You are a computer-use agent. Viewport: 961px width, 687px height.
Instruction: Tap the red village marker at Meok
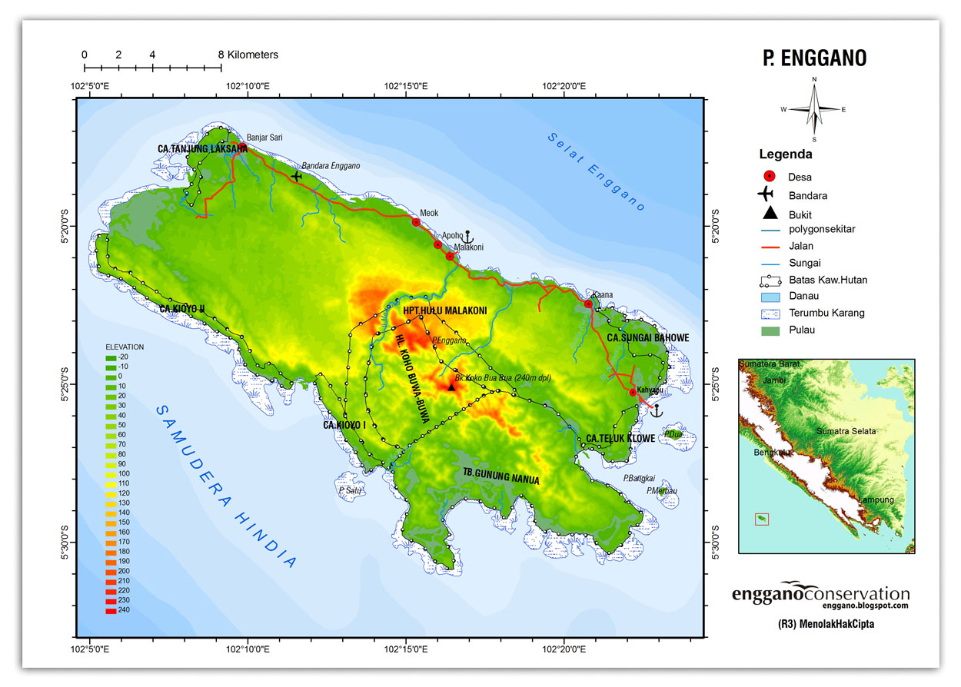(416, 222)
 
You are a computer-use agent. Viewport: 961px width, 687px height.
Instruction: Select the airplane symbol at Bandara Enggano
(296, 176)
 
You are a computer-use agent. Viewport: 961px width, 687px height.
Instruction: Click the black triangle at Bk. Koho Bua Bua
(451, 387)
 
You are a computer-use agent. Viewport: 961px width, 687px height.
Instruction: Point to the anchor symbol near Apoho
(468, 236)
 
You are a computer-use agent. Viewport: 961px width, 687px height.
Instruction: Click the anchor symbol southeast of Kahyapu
(656, 410)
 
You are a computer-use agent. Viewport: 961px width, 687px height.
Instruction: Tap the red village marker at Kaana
(588, 304)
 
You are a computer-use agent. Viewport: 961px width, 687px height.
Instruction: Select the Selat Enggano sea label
(597, 172)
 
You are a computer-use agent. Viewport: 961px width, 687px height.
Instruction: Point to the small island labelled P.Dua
(674, 435)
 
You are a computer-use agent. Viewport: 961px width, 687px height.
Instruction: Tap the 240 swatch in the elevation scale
(111, 611)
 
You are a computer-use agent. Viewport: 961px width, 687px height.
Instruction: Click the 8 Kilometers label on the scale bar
(248, 55)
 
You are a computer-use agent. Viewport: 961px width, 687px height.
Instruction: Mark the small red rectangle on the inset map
(761, 519)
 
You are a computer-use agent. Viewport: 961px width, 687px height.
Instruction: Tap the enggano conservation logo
(820, 595)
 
